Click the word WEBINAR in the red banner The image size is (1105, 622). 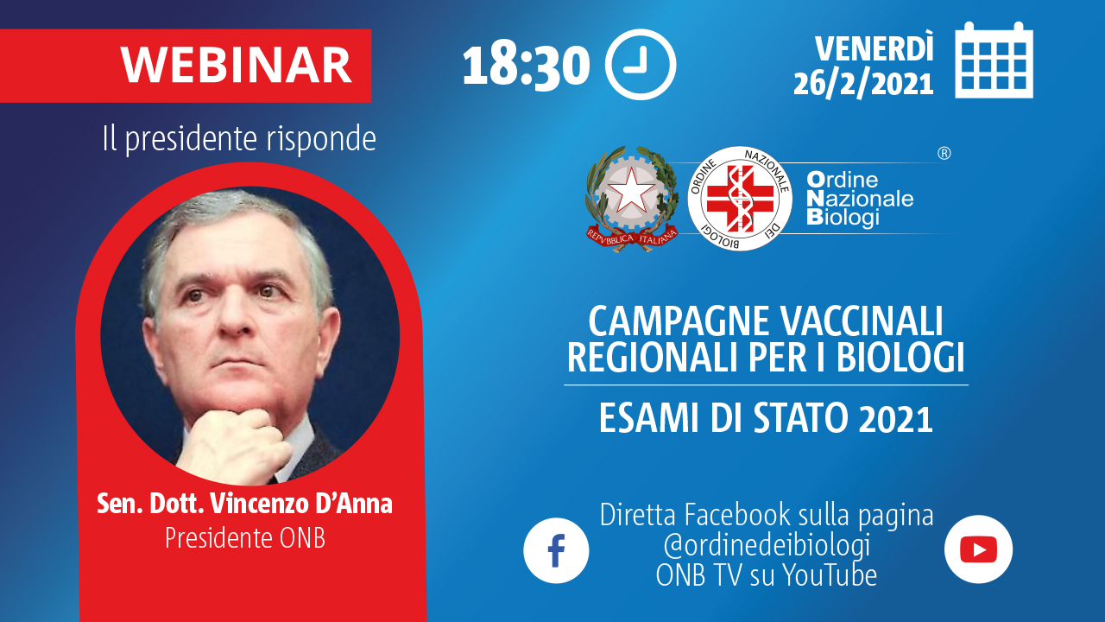(x=236, y=65)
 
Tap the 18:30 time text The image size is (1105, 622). (x=526, y=67)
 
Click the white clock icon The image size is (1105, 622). (x=641, y=65)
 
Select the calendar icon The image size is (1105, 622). (x=994, y=60)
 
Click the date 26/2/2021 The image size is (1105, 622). (x=863, y=84)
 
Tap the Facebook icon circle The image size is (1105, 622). (x=556, y=550)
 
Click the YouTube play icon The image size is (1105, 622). (x=978, y=549)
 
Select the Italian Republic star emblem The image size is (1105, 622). (x=632, y=199)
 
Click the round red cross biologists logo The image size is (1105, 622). (x=740, y=199)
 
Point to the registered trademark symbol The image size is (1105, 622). (x=944, y=154)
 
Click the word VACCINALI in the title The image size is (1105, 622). (x=862, y=321)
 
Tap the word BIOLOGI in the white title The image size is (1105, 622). (x=900, y=357)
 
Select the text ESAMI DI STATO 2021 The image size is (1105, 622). (x=766, y=418)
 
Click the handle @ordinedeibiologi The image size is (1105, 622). (x=767, y=545)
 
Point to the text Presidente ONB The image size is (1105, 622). (x=245, y=537)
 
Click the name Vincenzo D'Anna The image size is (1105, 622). (x=301, y=504)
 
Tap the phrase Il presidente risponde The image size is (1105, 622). (x=239, y=139)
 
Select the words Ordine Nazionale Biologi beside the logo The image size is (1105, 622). (x=860, y=200)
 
